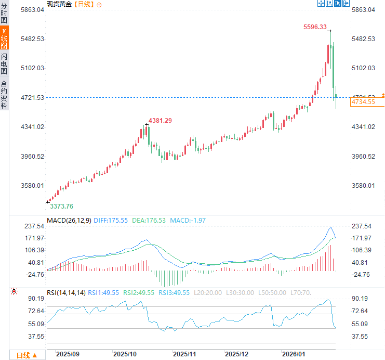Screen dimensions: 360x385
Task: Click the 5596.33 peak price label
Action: pyautogui.click(x=315, y=27)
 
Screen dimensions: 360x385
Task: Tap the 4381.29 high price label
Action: pyautogui.click(x=160, y=120)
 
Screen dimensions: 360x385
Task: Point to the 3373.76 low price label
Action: pyautogui.click(x=61, y=206)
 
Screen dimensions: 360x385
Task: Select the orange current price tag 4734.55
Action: pyautogui.click(x=363, y=102)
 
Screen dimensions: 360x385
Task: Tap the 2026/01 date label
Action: pyautogui.click(x=293, y=354)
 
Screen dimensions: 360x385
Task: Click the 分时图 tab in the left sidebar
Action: pyautogui.click(x=4, y=12)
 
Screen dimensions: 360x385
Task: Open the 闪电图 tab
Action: pyautogui.click(x=4, y=63)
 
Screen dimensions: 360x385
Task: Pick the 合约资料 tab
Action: pyautogui.click(x=4, y=94)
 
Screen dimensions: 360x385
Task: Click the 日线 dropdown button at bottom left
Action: pyautogui.click(x=26, y=355)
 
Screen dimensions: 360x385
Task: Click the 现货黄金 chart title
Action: pyautogui.click(x=59, y=4)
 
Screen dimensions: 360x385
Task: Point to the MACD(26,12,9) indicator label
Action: pyautogui.click(x=69, y=221)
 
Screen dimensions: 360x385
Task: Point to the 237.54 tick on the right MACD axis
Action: pyautogui.click(x=362, y=226)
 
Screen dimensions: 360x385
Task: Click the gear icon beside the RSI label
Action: pyautogui.click(x=14, y=292)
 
